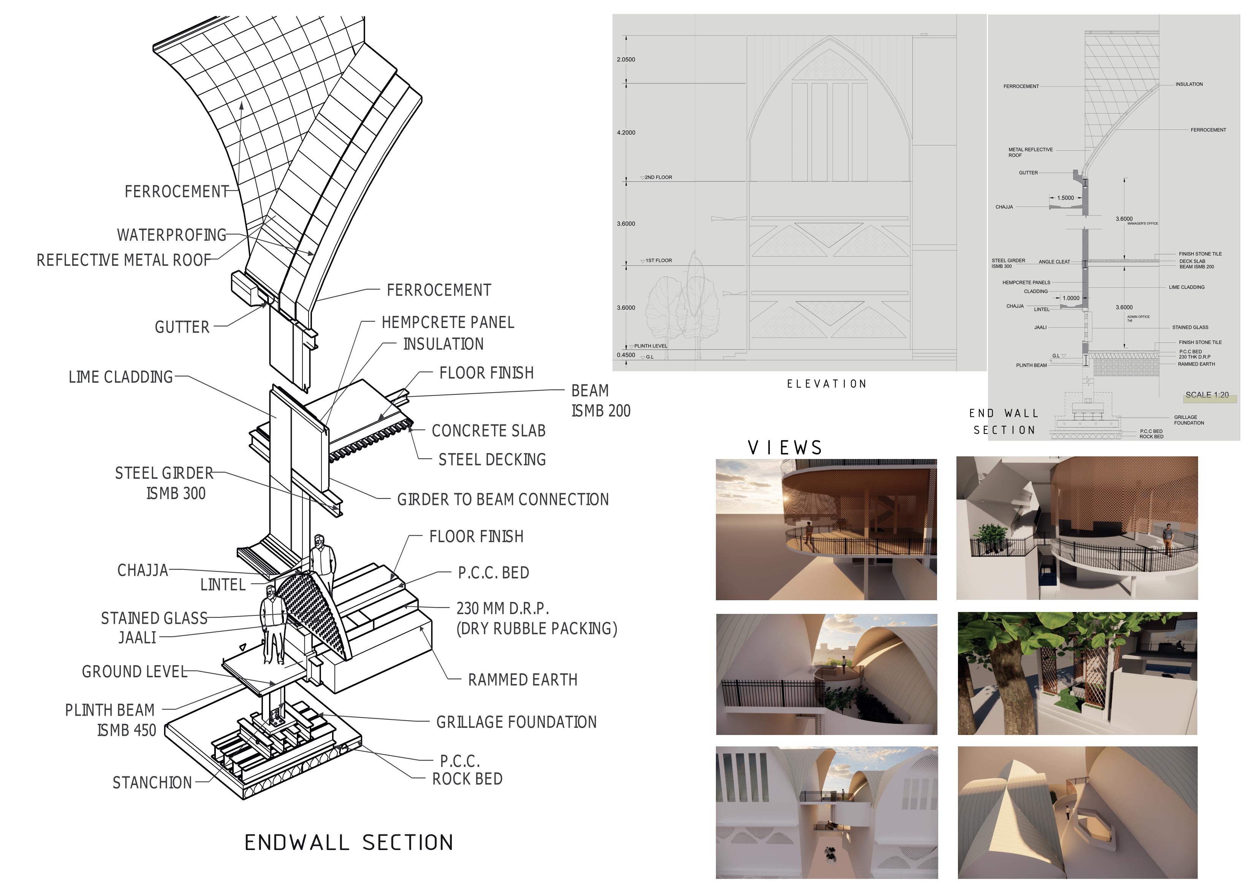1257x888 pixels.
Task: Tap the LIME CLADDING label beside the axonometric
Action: point(120,377)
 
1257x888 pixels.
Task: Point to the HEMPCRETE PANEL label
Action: point(448,322)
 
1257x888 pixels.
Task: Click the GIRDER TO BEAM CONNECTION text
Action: point(503,500)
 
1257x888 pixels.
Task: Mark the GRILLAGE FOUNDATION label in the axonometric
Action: point(516,722)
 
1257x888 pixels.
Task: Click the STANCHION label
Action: point(152,783)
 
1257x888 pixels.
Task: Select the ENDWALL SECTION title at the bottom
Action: point(349,842)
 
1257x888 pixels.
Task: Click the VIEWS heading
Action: point(785,448)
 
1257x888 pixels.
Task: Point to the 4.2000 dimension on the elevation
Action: point(626,132)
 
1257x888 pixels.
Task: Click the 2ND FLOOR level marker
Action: point(657,177)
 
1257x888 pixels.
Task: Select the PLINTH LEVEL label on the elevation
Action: point(651,346)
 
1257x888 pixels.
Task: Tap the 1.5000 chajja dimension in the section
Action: point(1065,198)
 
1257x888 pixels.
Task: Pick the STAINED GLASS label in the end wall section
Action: point(1190,327)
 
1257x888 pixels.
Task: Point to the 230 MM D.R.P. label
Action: point(503,609)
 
